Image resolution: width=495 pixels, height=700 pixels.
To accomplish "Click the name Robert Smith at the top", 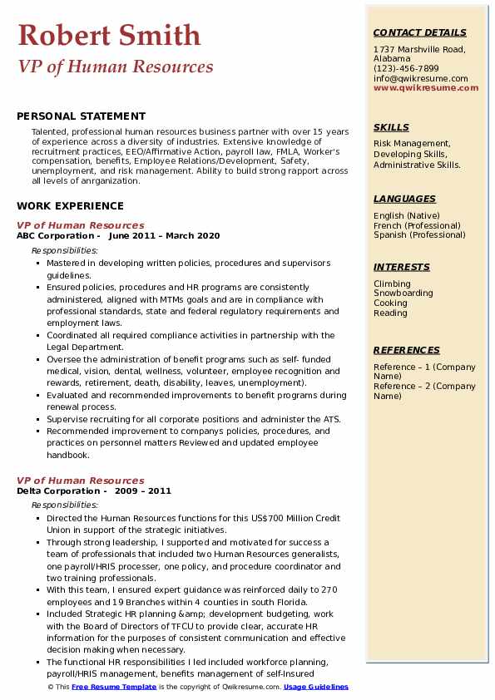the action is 109,35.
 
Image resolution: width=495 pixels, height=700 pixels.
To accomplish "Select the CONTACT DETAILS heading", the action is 420,32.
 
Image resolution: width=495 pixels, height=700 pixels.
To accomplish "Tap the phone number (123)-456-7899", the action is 406,69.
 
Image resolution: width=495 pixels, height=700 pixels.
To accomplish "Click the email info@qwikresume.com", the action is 420,78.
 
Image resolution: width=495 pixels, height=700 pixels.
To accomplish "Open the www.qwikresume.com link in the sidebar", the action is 426,87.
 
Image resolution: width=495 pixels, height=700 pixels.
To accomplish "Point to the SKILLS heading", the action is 391,127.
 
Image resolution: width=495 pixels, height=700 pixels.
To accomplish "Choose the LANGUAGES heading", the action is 404,199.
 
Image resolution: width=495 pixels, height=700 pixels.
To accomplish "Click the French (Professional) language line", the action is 417,225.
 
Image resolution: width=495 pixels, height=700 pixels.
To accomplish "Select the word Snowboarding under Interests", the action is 403,293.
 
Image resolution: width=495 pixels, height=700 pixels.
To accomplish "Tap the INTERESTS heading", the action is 402,267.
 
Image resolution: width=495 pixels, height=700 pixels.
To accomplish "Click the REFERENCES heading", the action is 405,350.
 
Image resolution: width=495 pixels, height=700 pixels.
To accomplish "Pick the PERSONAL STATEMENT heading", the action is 81,116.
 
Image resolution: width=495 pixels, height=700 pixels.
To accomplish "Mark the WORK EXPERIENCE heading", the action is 70,206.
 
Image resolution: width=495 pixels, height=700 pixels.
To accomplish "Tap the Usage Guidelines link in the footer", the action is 315,688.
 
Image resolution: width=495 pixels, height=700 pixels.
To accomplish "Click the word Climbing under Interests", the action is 392,283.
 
